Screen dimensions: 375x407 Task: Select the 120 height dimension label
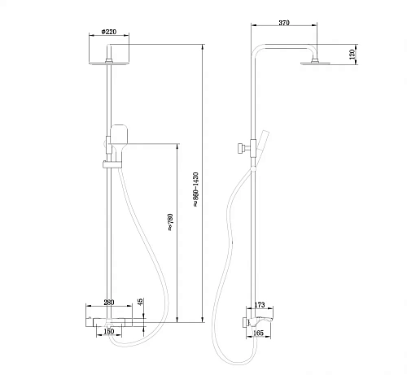pos(352,55)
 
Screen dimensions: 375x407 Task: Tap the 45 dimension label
pos(140,303)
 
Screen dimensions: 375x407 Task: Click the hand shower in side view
pos(262,142)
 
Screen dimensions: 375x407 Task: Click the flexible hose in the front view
pos(154,244)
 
